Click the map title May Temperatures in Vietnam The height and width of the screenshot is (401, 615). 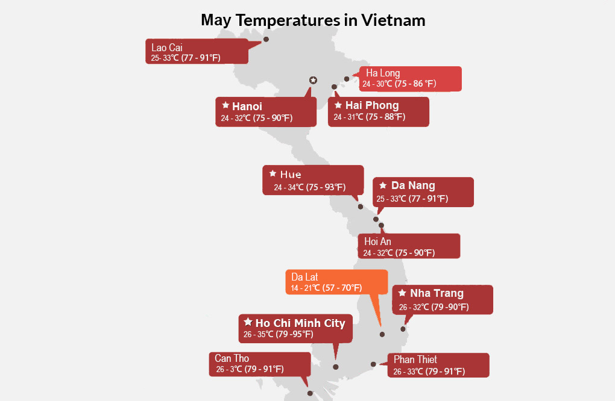pyautogui.click(x=313, y=20)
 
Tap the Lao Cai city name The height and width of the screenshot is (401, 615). pyautogui.click(x=167, y=48)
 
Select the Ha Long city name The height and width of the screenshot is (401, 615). pyautogui.click(x=383, y=73)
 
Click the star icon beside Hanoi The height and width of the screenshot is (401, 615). pyautogui.click(x=225, y=105)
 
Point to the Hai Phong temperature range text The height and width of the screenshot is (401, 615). pyautogui.click(x=370, y=117)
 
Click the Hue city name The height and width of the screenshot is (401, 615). pyautogui.click(x=291, y=174)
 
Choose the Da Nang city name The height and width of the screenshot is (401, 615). pyautogui.click(x=413, y=185)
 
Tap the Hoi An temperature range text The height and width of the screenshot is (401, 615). pyautogui.click(x=399, y=253)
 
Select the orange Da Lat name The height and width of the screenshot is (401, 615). pyautogui.click(x=304, y=277)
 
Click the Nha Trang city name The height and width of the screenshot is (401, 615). pyautogui.click(x=437, y=293)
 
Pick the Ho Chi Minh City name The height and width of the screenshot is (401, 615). pyautogui.click(x=300, y=323)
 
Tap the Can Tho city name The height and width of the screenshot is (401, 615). pyautogui.click(x=232, y=358)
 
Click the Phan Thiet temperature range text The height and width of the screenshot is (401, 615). pyautogui.click(x=429, y=371)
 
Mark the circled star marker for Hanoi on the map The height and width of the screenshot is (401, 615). pyautogui.click(x=313, y=80)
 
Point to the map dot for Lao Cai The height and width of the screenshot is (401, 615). pyautogui.click(x=266, y=39)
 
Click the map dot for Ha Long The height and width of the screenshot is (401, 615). pyautogui.click(x=347, y=79)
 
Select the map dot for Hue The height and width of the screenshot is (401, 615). pyautogui.click(x=361, y=207)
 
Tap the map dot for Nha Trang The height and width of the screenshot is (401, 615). pyautogui.click(x=403, y=329)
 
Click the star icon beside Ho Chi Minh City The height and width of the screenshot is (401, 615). pyautogui.click(x=248, y=322)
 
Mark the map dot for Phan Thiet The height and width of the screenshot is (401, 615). pyautogui.click(x=373, y=364)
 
